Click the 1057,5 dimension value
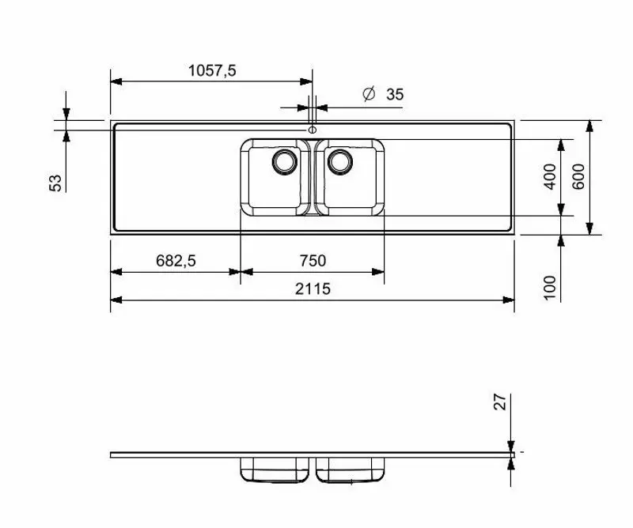pyautogui.click(x=212, y=70)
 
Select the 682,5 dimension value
pyautogui.click(x=175, y=261)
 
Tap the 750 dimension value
pyautogui.click(x=312, y=261)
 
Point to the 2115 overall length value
pyautogui.click(x=313, y=289)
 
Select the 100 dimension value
pyautogui.click(x=551, y=286)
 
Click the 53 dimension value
pyautogui.click(x=55, y=183)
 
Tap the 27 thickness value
pyautogui.click(x=499, y=402)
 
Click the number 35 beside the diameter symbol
pyautogui.click(x=395, y=95)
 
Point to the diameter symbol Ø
pyautogui.click(x=368, y=94)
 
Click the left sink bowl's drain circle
pyautogui.click(x=284, y=161)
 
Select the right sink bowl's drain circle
pyautogui.click(x=341, y=161)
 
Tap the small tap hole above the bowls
pyautogui.click(x=313, y=129)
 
